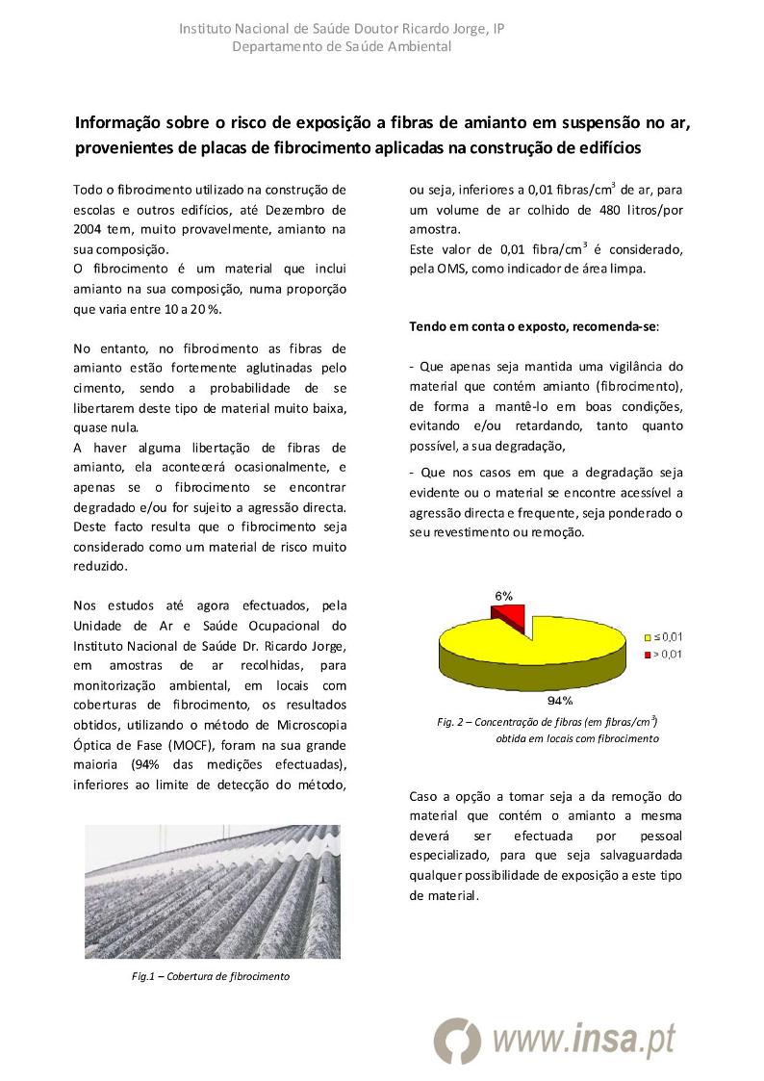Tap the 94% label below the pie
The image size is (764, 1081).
pyautogui.click(x=560, y=700)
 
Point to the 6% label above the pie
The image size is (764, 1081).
pyautogui.click(x=503, y=596)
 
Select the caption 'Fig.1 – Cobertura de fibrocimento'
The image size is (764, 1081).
pyautogui.click(x=210, y=976)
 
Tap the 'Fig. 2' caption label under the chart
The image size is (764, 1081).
pyautogui.click(x=450, y=722)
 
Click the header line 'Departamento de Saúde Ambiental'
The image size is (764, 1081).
pyautogui.click(x=342, y=46)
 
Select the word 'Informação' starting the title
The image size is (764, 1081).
pyautogui.click(x=120, y=123)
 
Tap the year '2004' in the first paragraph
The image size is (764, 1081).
pyautogui.click(x=90, y=229)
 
